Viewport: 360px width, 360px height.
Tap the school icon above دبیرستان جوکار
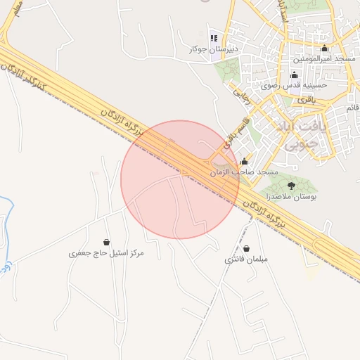click(213, 38)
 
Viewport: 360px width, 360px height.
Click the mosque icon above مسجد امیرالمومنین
click(324, 49)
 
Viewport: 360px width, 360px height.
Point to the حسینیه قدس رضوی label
click(291, 86)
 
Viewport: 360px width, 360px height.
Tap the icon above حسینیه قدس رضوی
click(294, 75)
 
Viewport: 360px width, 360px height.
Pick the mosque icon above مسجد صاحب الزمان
click(244, 161)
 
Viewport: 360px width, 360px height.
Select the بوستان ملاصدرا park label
click(290, 198)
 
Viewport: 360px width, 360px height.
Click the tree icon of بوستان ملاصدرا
click(291, 186)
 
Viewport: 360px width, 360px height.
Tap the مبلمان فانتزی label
click(246, 259)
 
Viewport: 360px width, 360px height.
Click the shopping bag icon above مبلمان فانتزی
click(247, 247)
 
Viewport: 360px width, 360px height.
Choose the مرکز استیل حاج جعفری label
click(106, 252)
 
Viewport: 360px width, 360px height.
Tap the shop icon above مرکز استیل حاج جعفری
click(106, 241)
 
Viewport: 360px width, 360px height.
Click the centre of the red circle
click(180, 179)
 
